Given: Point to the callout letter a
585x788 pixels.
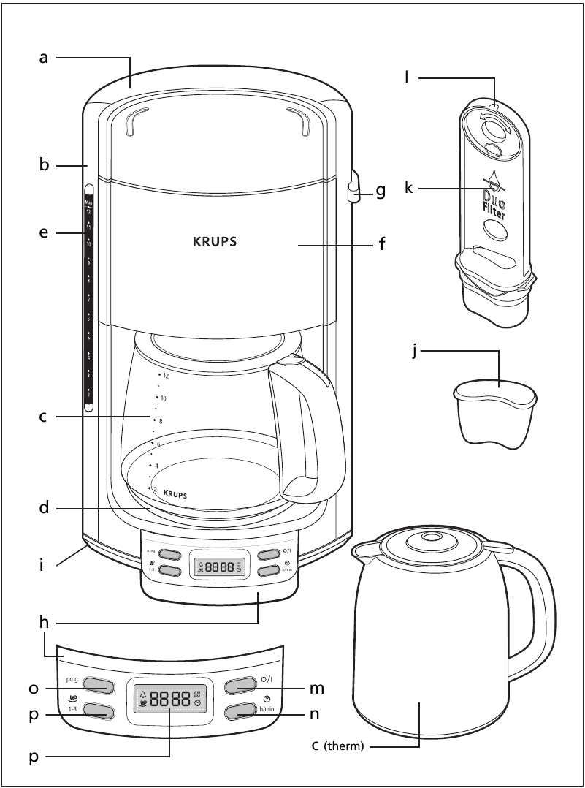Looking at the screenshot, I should click(44, 57).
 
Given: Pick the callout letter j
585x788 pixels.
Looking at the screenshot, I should click(414, 352).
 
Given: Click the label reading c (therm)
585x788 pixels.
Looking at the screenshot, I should click(342, 746).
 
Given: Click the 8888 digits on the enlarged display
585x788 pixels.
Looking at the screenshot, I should click(169, 698).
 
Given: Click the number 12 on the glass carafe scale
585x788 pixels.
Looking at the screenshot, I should click(166, 376).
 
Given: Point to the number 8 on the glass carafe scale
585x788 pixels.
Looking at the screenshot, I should click(161, 421).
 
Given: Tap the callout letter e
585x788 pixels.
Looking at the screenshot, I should click(44, 233).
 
